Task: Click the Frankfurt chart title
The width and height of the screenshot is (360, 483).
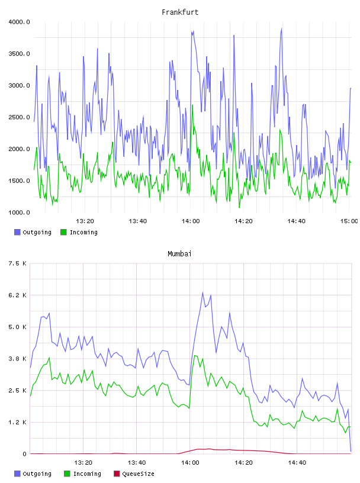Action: (x=180, y=12)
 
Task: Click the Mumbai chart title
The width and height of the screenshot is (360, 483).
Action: (x=179, y=254)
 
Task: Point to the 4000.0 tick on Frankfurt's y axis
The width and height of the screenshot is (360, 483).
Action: (x=19, y=22)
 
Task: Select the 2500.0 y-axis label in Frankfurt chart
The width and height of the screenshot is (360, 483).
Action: (x=19, y=117)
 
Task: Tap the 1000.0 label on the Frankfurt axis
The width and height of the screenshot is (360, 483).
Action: (x=19, y=212)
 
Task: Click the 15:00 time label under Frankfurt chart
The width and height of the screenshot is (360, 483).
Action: (x=349, y=221)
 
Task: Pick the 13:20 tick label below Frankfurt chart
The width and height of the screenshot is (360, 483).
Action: (x=85, y=221)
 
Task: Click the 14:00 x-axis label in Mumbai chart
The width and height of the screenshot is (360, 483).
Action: (x=190, y=463)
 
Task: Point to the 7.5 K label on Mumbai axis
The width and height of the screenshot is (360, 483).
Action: (x=18, y=263)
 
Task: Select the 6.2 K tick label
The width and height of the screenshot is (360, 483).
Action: (x=18, y=295)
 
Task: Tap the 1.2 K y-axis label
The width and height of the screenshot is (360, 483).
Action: (x=18, y=422)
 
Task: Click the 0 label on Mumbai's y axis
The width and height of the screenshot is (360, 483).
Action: (x=25, y=454)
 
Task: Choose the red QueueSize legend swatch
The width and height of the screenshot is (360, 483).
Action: (x=117, y=474)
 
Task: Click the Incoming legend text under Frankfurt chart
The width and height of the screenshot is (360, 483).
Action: (x=83, y=233)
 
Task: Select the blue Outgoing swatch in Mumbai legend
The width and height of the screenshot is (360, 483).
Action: (x=17, y=474)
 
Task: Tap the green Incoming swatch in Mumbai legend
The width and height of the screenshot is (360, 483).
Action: (x=67, y=474)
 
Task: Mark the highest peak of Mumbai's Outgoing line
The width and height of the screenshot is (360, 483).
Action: (x=202, y=292)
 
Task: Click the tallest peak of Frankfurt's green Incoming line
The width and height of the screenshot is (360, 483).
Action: (x=192, y=105)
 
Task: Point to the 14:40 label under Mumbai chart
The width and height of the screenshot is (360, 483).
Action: (x=297, y=463)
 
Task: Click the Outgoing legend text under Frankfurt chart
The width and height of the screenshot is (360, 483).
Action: (x=37, y=233)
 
